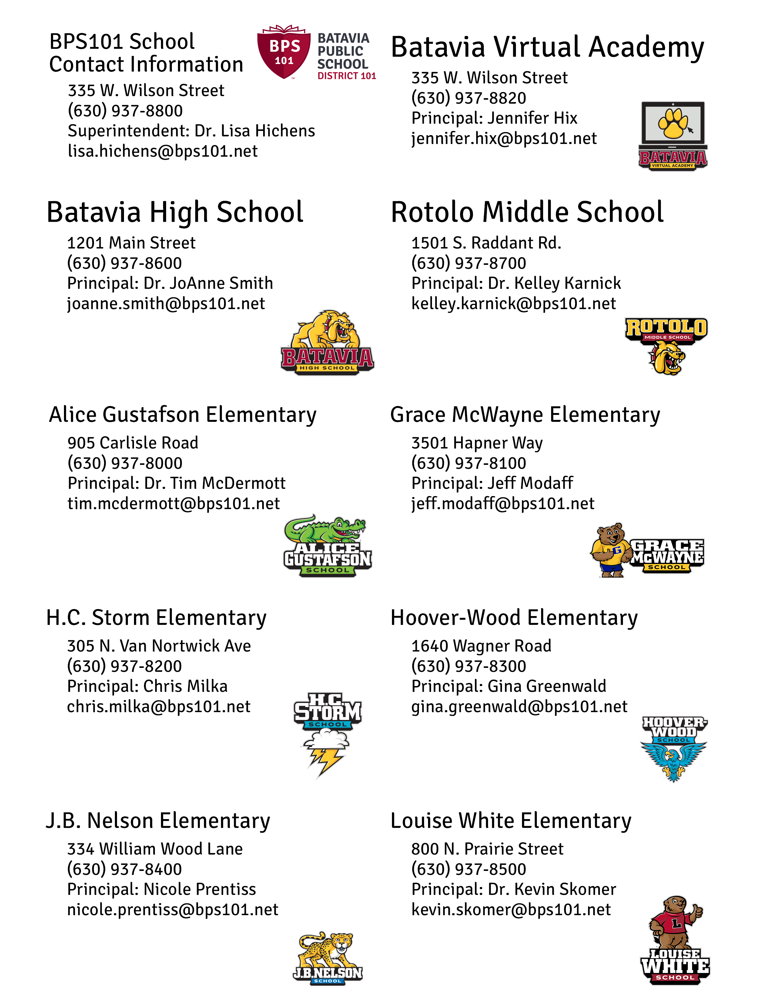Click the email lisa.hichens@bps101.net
point(162,151)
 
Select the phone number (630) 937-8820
point(468,98)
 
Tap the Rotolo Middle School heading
point(527,212)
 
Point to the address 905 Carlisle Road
point(133,443)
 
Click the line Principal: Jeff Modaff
point(492,483)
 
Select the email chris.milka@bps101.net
point(159,706)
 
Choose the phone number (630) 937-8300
point(468,666)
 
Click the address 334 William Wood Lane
point(155,849)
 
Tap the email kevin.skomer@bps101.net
point(510,909)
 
